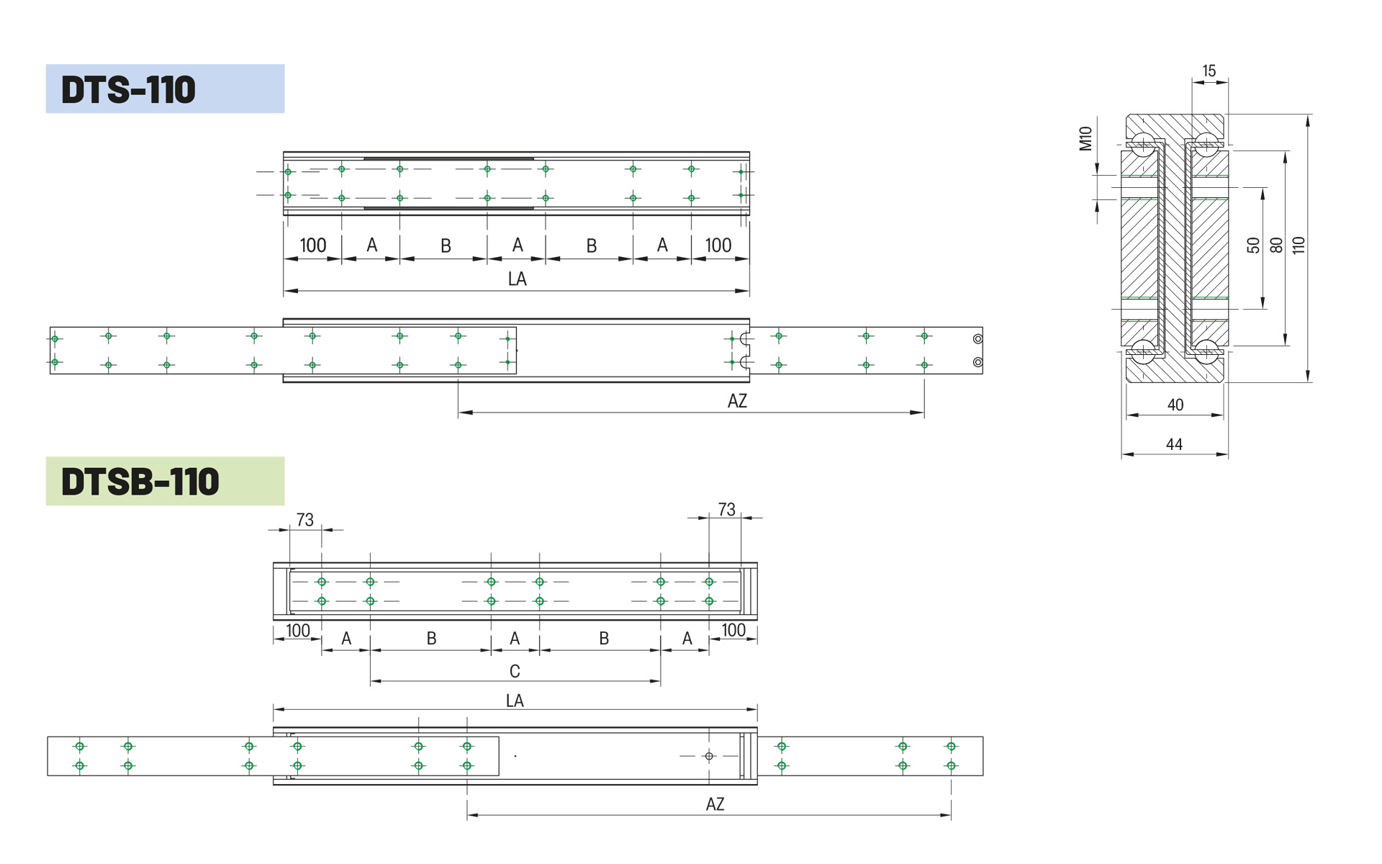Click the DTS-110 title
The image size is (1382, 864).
click(x=128, y=89)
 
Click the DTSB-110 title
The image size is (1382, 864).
click(x=140, y=482)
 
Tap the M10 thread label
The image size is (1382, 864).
click(x=1085, y=138)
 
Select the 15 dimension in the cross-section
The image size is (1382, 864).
click(x=1209, y=71)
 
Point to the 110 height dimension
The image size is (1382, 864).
click(x=1299, y=246)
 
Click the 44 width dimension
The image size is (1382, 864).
click(x=1174, y=445)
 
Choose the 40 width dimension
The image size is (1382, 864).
click(x=1175, y=405)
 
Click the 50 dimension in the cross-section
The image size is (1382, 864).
click(x=1254, y=246)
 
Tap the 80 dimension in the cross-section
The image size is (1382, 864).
click(x=1276, y=246)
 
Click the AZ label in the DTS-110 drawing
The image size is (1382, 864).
click(x=737, y=402)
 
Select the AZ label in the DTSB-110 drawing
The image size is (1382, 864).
click(x=715, y=805)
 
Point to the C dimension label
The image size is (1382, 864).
click(x=515, y=672)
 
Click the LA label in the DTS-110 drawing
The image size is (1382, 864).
click(x=517, y=279)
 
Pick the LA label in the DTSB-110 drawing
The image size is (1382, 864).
click(x=515, y=701)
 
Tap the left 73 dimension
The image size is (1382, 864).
click(x=305, y=520)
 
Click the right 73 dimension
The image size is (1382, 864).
click(x=727, y=510)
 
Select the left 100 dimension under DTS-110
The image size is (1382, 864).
click(x=313, y=246)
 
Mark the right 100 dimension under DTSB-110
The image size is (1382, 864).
click(x=733, y=631)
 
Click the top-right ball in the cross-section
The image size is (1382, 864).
click(x=1206, y=143)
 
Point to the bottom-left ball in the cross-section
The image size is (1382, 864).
click(x=1143, y=351)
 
